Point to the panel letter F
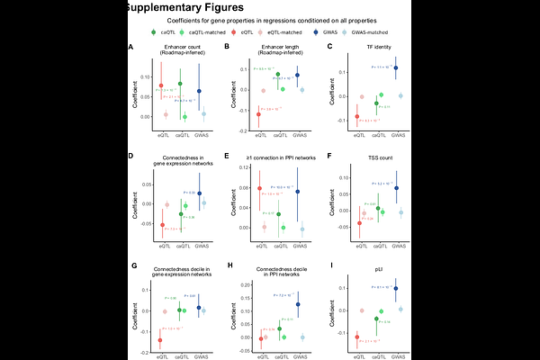pos(331,155)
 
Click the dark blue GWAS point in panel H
pos(298,304)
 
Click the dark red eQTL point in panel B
pos(258,114)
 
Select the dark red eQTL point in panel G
pos(160,340)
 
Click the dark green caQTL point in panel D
pos(180,214)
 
